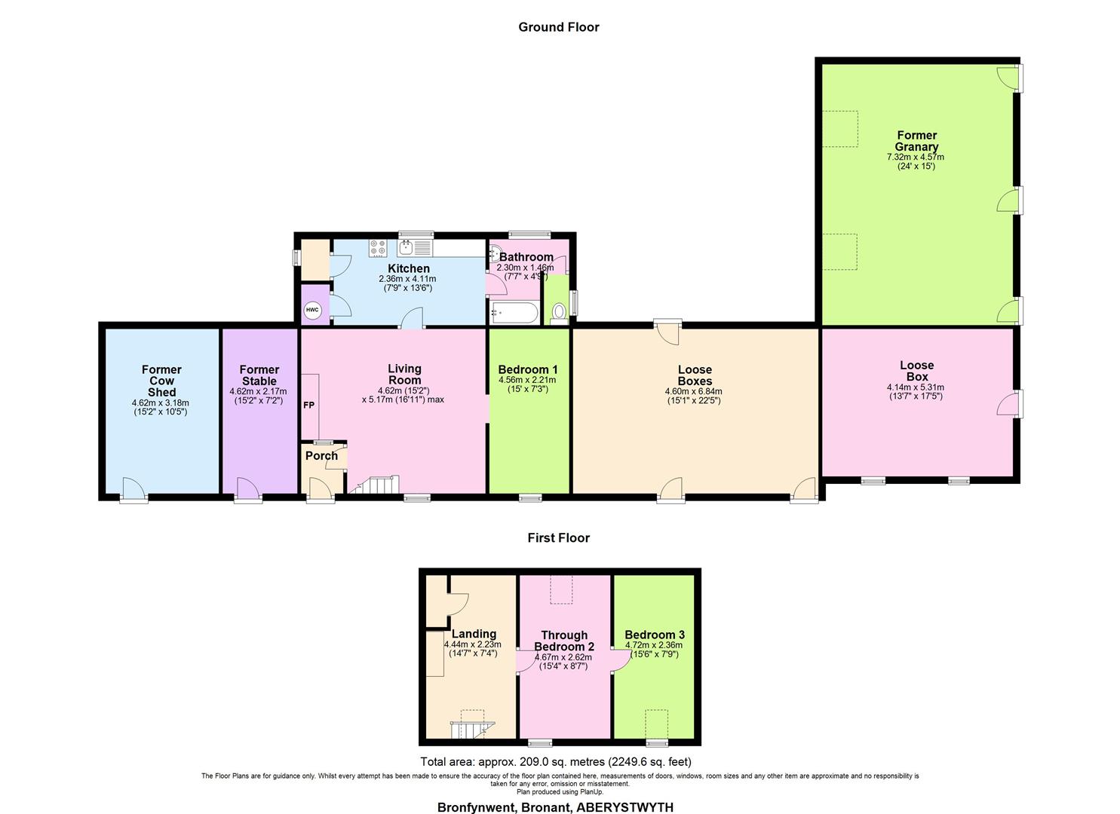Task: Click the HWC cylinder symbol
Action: [312, 310]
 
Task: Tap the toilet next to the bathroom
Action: [559, 314]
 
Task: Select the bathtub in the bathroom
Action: [514, 313]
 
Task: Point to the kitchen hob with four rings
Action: [378, 248]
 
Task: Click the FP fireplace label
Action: [309, 405]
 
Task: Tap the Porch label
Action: [321, 456]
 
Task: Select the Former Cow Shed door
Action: [133, 490]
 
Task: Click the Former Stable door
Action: [248, 490]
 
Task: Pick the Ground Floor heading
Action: [559, 27]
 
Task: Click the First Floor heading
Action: [559, 537]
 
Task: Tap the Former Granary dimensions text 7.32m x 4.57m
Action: [916, 157]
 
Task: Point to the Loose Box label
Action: [916, 371]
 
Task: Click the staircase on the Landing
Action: [472, 730]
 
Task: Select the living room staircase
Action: [374, 484]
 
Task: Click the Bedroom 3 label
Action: [655, 635]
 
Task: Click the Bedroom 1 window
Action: [530, 497]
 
